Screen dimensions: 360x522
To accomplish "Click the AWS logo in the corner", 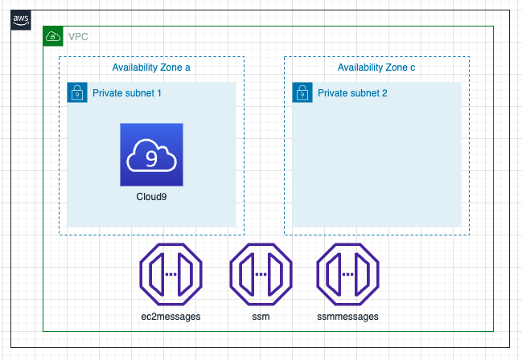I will (20, 19).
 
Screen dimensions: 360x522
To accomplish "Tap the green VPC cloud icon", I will (52, 36).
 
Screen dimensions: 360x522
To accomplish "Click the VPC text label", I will (78, 36).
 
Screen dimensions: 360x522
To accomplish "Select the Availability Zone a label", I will (150, 67).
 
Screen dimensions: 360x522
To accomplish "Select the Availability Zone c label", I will (376, 67).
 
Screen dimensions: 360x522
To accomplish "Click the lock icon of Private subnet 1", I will (76, 92).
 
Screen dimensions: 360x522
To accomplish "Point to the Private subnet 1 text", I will (127, 93).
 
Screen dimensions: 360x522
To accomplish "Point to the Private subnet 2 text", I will (352, 93).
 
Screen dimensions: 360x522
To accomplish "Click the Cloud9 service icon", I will (151, 155).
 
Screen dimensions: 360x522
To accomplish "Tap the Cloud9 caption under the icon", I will (151, 196).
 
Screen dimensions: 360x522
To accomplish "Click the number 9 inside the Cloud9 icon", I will (151, 157).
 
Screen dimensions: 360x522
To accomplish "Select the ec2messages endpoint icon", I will (171, 274).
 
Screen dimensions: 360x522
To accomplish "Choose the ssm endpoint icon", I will (261, 274).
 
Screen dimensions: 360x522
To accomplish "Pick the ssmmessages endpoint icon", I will (347, 274).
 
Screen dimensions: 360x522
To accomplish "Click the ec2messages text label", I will (171, 316).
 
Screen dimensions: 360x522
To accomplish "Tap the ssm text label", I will (261, 316).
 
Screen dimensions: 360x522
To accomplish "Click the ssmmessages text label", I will (347, 316).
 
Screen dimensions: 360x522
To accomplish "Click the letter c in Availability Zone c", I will (413, 67).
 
